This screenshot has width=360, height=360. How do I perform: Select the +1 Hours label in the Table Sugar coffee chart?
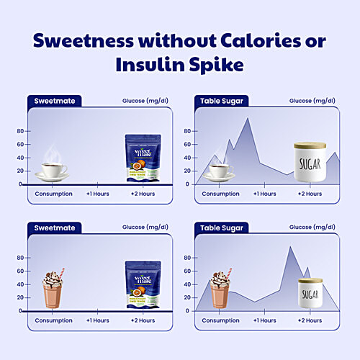point(263,194)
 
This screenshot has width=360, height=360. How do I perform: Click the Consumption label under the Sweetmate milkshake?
point(53,320)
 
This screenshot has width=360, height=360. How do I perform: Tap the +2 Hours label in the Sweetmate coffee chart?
point(142,194)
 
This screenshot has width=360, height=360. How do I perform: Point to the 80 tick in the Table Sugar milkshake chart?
point(187,258)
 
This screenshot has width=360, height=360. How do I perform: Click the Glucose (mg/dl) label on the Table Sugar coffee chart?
point(310,102)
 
